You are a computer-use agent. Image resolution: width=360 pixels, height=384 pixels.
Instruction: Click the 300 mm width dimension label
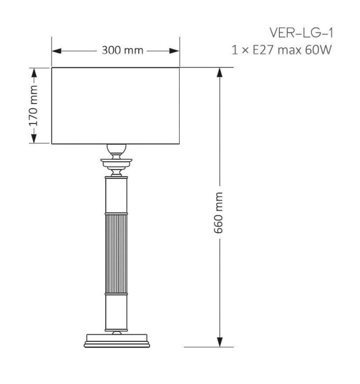122,51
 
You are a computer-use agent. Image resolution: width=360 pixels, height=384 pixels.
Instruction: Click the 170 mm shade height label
34,106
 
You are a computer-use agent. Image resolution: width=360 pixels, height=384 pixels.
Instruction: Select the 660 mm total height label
219,212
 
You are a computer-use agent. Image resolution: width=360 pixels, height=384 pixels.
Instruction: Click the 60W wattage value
319,51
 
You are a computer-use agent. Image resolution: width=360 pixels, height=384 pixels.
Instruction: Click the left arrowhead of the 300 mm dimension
57,51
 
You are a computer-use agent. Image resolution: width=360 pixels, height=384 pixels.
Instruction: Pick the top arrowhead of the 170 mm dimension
34,71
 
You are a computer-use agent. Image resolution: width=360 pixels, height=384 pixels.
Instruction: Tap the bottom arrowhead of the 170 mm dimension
34,140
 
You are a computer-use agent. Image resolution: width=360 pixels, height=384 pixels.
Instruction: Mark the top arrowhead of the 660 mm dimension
219,72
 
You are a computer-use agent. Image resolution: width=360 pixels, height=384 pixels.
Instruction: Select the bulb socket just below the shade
116,150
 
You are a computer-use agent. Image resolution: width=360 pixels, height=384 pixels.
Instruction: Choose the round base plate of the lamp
116,341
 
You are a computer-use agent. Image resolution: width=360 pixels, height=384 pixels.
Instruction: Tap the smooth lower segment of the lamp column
116,313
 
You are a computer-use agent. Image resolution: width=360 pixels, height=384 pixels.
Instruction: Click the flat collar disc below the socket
116,162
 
